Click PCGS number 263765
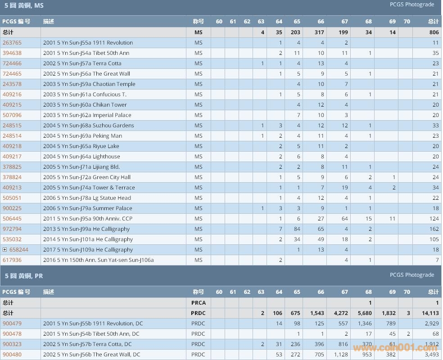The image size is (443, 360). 12,43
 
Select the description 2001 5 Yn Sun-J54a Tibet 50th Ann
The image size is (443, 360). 86,53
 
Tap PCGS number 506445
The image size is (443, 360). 12,219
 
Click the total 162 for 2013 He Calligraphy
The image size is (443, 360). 433,229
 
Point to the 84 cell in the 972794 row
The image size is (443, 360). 297,229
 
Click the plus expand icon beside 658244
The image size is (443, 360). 5,250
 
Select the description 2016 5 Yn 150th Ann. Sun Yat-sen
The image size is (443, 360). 98,260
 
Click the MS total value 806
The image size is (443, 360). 434,32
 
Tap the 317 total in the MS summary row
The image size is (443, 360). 319,32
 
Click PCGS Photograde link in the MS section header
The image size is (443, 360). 412,4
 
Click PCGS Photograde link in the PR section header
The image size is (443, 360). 412,275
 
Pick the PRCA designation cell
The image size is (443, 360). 198,303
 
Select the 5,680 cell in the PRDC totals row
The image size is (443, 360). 364,313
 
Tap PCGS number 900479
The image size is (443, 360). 12,324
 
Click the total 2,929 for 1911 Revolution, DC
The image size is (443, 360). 432,324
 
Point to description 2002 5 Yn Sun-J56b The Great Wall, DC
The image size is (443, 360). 91,355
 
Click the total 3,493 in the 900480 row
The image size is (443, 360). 432,355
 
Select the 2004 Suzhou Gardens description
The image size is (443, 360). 88,126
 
